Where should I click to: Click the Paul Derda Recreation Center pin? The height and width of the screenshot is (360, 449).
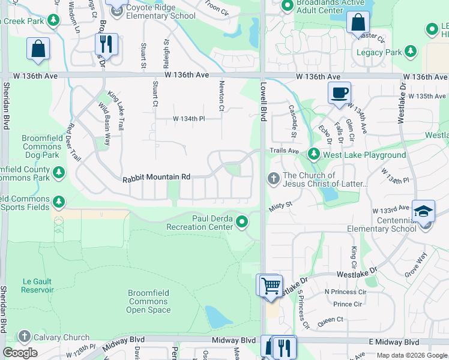coord(242,222)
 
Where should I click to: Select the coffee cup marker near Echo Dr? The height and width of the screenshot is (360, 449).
coord(339,94)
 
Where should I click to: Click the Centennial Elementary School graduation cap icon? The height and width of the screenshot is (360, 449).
coord(424,211)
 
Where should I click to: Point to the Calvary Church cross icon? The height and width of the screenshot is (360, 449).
coord(24,337)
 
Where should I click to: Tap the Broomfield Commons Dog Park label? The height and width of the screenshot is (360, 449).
coord(41,146)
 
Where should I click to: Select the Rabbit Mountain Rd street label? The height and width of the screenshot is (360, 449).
coord(156,178)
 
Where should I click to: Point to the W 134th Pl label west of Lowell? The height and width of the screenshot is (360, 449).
coord(189,119)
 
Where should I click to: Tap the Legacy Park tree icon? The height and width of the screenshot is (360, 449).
coord(411,52)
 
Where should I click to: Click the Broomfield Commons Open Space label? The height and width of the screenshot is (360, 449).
coord(148,301)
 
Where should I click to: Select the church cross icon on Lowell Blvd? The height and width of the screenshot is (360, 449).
coord(273,179)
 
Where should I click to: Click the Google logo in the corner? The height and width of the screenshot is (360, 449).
coord(20,353)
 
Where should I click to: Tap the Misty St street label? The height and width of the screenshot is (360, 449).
coord(280,205)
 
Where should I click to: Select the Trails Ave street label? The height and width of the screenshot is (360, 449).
coord(284,151)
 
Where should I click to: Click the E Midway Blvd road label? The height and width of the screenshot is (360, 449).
coord(394,341)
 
